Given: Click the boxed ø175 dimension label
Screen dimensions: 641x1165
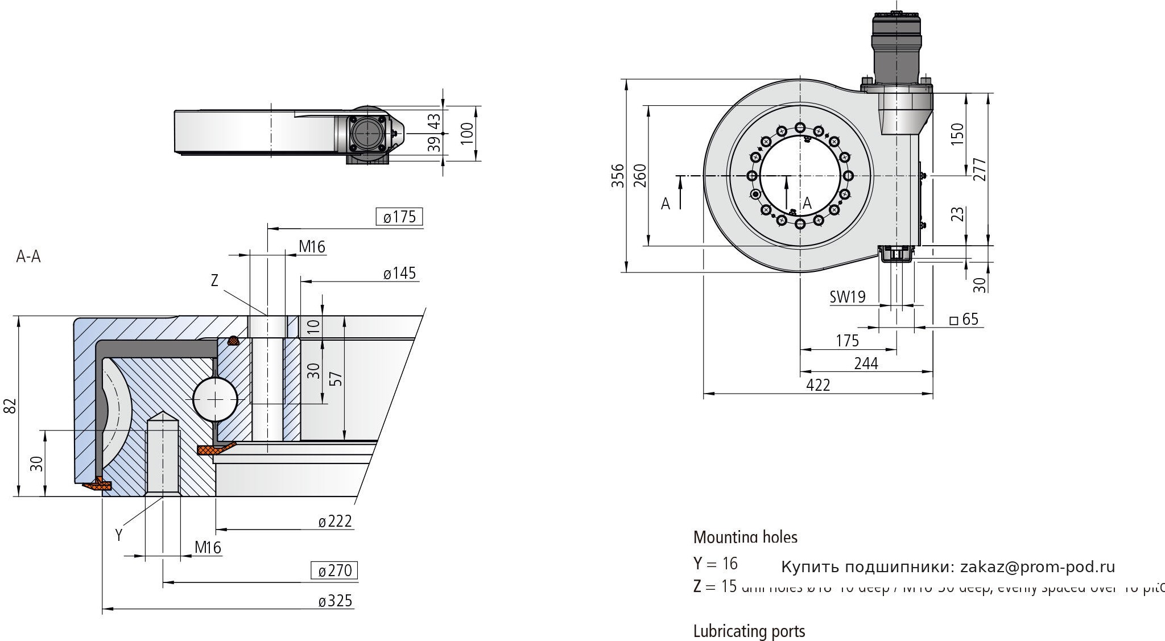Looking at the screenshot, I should pos(399,217).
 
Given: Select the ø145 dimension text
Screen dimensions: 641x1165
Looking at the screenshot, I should pos(399,274).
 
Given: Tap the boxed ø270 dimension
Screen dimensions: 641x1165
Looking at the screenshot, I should pos(334,570).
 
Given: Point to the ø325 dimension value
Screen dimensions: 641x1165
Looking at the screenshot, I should pos(336,601).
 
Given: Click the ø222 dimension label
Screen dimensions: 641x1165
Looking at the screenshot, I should pos(335,521).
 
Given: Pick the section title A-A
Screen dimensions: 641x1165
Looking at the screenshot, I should pos(28,257).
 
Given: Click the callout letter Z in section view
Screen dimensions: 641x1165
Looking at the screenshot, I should pos(214,280).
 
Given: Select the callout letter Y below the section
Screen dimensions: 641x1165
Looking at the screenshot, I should pos(119,535).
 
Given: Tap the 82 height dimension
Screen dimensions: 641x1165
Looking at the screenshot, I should pos(9,406).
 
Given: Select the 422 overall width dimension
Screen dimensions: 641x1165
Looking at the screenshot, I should pos(818,385).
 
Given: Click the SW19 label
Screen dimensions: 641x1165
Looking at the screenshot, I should pos(847,297).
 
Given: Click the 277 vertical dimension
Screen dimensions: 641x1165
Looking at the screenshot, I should pos(980,169).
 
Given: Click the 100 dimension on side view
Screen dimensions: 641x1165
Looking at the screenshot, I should pos(467,133).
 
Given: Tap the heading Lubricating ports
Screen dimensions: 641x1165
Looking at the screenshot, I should pos(749,631).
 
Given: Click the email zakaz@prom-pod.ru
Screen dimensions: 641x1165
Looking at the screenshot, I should pos(1038,567).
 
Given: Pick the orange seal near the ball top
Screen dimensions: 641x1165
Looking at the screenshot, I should pos(233,341).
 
